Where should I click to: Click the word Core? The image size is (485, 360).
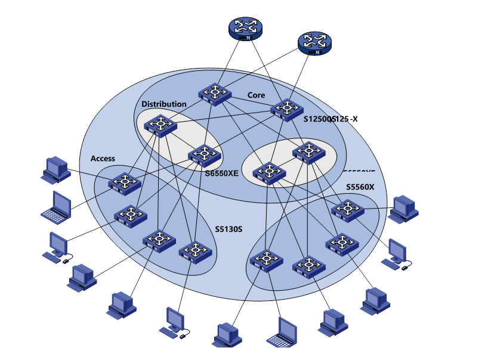(257, 95)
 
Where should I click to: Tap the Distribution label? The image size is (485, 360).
(163, 104)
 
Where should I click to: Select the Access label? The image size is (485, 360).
(103, 159)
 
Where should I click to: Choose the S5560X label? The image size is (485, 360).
(360, 187)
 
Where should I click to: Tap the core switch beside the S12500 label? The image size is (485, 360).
(287, 109)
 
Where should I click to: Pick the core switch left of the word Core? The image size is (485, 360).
(215, 93)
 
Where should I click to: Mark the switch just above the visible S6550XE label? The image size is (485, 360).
(205, 155)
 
